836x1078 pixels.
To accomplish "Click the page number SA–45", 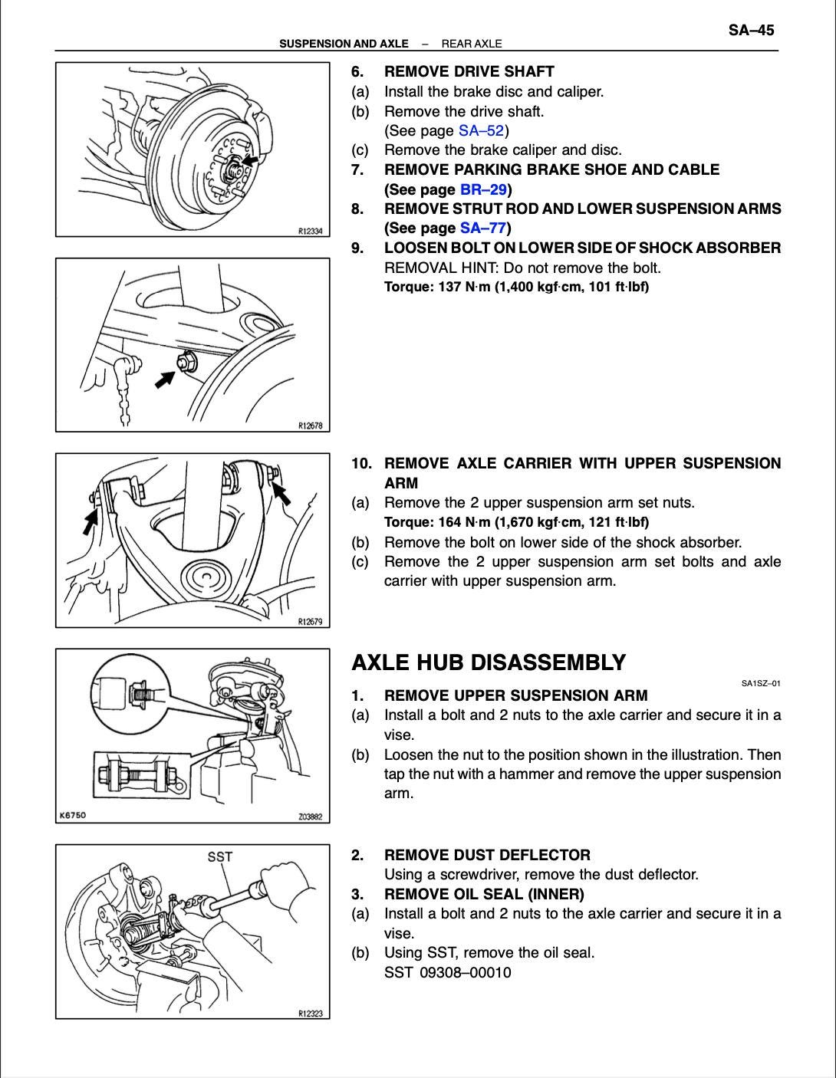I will coord(751,31).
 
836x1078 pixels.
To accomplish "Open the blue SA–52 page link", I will coord(481,130).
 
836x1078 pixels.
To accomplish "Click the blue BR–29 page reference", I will coord(483,189).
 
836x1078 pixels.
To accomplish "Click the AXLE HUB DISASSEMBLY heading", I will coord(489,662).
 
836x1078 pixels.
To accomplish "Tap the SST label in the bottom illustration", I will coord(219,856).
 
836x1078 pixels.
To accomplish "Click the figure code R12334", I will coord(311,231).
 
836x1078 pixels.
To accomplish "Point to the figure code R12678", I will coord(311,426).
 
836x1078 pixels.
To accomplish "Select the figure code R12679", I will coord(311,622).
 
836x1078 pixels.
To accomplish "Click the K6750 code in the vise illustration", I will coord(72,815).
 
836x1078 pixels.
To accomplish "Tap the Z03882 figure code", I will coord(311,817).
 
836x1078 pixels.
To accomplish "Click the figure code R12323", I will coord(311,1014).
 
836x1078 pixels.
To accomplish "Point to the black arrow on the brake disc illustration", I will coord(249,159).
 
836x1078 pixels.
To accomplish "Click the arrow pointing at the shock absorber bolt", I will coord(165,379).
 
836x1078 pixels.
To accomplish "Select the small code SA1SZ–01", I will coord(761,683).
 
